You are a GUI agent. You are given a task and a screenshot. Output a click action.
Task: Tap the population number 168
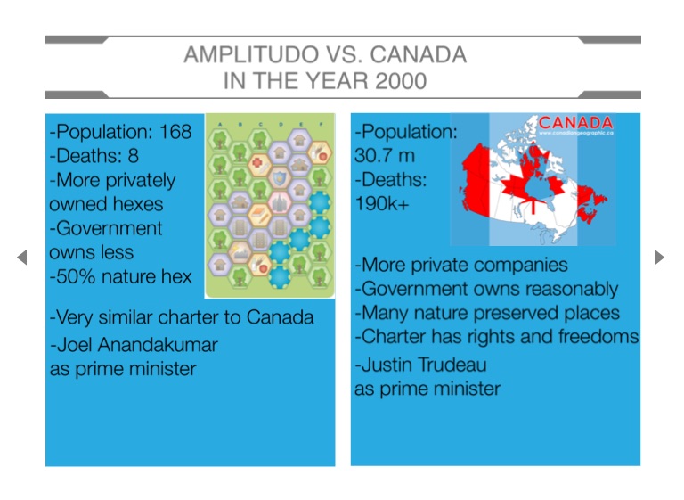pyautogui.click(x=175, y=132)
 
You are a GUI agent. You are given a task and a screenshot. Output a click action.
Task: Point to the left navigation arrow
pyautogui.click(x=21, y=258)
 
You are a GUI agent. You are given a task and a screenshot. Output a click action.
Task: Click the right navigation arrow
pyautogui.click(x=659, y=258)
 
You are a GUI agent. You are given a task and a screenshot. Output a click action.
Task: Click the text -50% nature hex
pyautogui.click(x=121, y=276)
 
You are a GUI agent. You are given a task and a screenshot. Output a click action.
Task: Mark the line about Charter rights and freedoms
pyautogui.click(x=497, y=337)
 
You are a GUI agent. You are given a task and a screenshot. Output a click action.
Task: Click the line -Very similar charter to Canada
pyautogui.click(x=182, y=317)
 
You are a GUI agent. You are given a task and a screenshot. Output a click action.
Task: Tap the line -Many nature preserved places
pyautogui.click(x=487, y=313)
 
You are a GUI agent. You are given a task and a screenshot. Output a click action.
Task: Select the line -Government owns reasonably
pyautogui.click(x=486, y=289)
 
